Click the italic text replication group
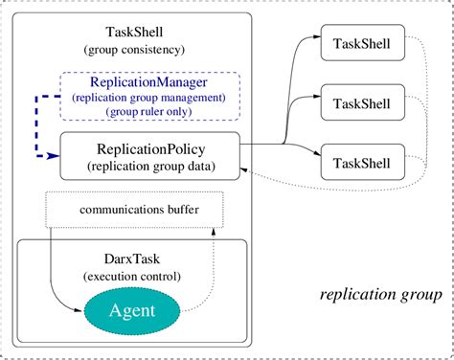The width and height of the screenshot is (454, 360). pos(379,294)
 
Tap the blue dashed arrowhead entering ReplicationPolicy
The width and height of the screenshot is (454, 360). pos(55,157)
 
